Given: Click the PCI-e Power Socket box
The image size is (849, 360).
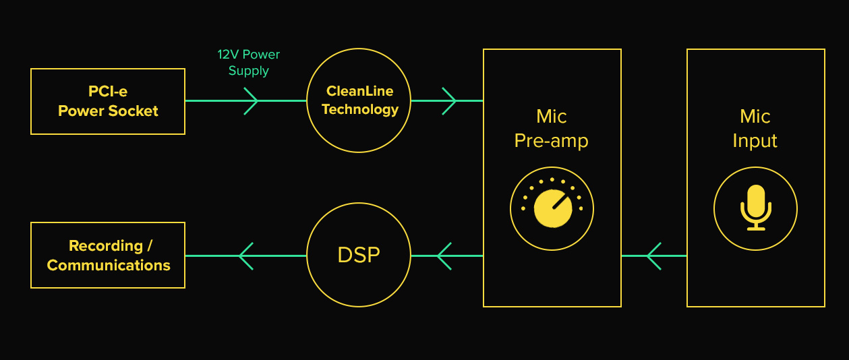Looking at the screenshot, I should [108, 101].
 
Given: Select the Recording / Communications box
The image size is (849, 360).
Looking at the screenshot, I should [108, 256].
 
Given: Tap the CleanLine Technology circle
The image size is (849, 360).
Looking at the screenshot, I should [359, 100].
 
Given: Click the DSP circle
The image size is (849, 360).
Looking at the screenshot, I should [359, 256].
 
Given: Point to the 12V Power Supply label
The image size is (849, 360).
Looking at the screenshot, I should [248, 63].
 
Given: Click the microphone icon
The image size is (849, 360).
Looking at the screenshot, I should [755, 208].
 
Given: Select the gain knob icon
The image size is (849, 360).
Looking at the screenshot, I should [552, 208].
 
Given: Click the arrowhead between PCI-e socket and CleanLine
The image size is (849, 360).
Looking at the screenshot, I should [250, 101].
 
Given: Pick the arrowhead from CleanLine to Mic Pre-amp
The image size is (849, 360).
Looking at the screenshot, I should [448, 101].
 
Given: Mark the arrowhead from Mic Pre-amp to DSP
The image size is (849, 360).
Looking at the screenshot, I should [444, 256].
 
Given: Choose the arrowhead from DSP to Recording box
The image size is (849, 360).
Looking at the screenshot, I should [246, 256].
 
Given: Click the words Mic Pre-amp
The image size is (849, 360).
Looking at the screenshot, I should [552, 129].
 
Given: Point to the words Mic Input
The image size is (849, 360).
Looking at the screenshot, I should [755, 129].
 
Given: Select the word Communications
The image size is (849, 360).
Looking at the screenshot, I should [109, 266].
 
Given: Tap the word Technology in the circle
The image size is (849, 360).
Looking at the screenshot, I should [360, 109].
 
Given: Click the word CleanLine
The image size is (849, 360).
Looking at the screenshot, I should [359, 91].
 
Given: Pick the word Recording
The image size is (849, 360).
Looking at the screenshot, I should [106, 246].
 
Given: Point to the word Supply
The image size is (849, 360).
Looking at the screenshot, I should [248, 71].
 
